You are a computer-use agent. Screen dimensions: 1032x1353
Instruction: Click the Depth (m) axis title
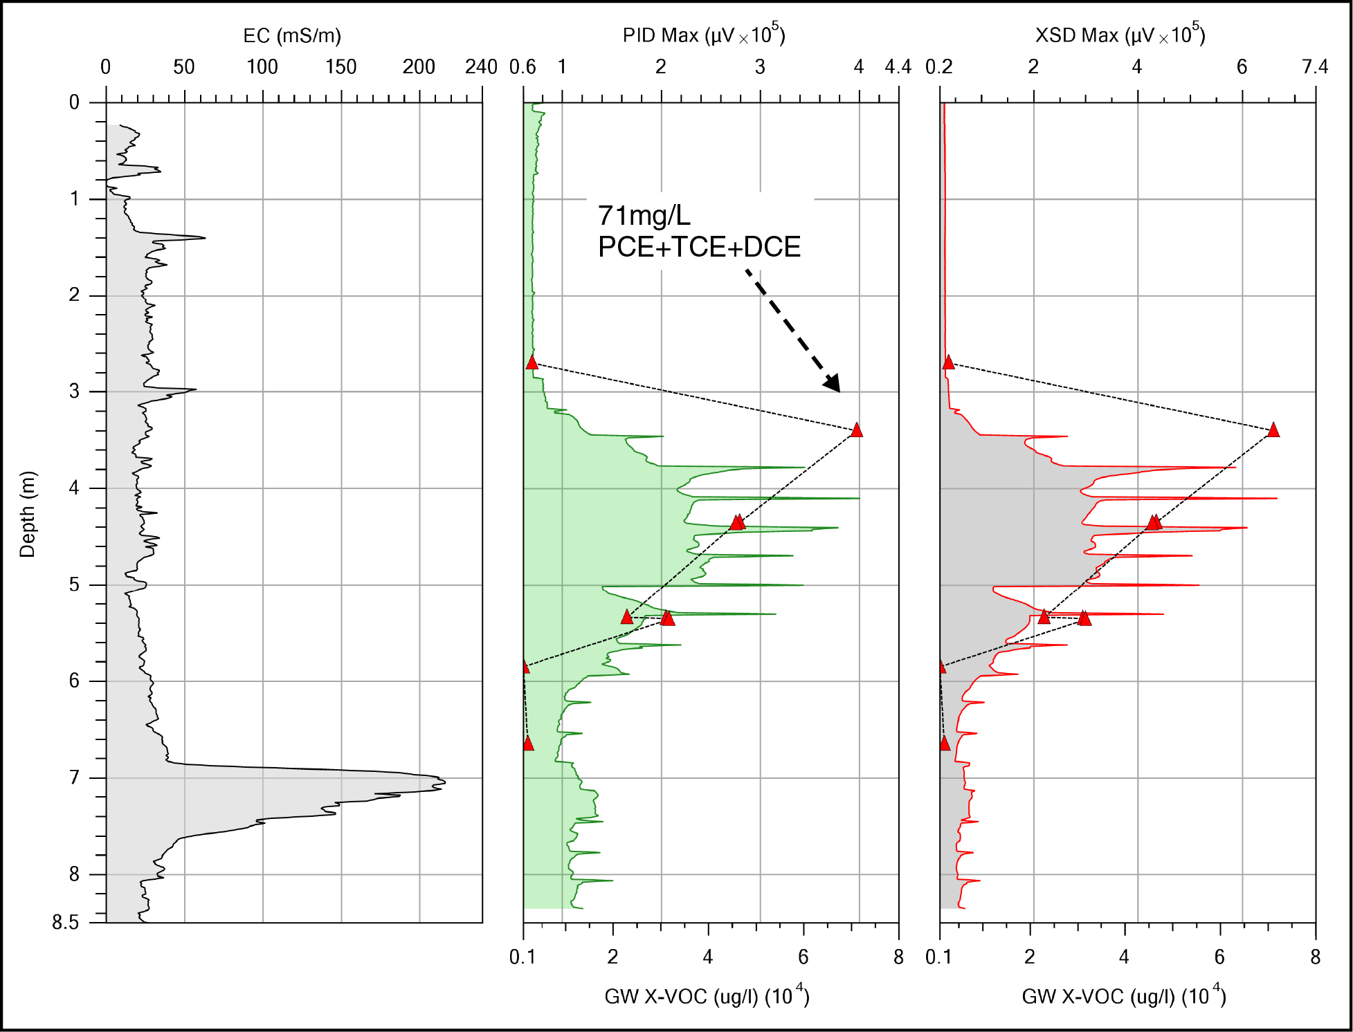coord(27,514)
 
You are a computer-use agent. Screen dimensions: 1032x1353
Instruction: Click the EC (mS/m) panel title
coord(292,35)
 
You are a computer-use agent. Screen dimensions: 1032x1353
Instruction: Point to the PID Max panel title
coord(703,35)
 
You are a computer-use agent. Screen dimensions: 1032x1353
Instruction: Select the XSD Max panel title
coord(1120,35)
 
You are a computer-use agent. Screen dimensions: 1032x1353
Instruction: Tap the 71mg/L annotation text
coord(644,216)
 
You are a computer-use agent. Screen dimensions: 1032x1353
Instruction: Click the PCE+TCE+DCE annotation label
coord(699,247)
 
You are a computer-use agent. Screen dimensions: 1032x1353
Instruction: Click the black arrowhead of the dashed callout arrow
coord(833,383)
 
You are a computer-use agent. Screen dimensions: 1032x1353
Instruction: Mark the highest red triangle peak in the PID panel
coord(857,430)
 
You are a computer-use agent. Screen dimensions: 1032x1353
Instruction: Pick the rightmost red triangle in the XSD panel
coord(1273,430)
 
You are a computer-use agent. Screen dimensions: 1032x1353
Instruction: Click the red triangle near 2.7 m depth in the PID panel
coord(532,362)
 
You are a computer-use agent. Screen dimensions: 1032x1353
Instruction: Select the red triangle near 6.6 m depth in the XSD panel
coord(945,744)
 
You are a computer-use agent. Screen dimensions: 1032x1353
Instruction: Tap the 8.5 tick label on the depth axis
coord(65,923)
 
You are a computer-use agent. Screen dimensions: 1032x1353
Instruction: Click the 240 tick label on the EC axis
coord(481,67)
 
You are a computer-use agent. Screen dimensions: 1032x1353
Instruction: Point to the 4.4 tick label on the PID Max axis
coord(898,67)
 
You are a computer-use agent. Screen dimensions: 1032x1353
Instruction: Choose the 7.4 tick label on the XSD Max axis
coord(1314,67)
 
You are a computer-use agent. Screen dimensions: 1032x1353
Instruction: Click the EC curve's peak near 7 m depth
coord(443,782)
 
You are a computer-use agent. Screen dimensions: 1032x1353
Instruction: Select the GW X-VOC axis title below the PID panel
coord(707,996)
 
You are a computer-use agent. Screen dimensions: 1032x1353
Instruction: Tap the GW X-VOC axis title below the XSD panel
coord(1123,996)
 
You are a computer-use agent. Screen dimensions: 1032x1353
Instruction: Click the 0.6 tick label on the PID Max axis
coord(523,67)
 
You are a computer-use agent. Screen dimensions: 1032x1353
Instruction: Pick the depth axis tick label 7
coord(74,778)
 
